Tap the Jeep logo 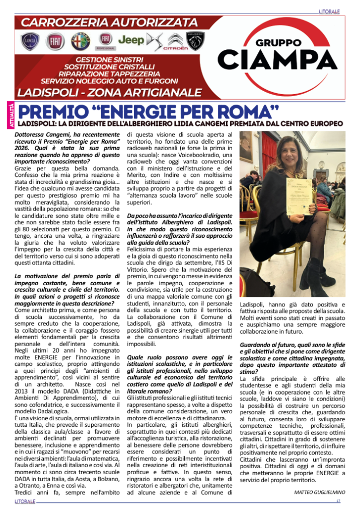coord(131,39)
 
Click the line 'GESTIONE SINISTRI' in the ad coord(115,59)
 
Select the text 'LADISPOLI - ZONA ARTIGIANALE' coord(109,92)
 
